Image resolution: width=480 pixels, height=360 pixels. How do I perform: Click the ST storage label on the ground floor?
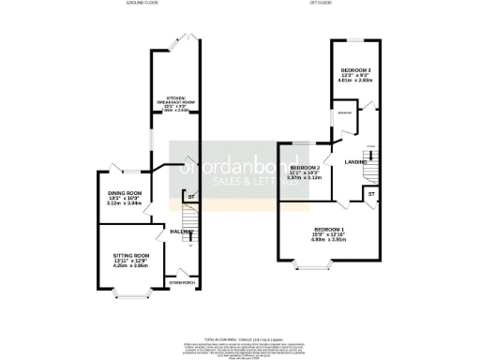tap(190, 197)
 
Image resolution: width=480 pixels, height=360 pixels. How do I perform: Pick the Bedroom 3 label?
tap(356, 75)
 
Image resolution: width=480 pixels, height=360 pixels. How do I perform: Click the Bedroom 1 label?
tap(330, 233)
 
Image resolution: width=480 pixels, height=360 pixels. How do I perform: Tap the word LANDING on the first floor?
tap(356, 163)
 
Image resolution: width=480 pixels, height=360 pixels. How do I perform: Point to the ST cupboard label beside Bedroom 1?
tap(370, 193)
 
